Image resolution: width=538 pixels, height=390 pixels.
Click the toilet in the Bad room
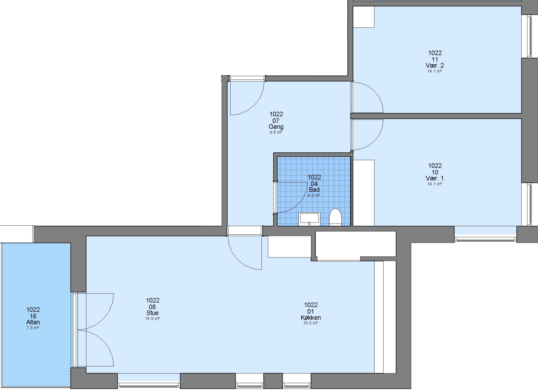(335, 217)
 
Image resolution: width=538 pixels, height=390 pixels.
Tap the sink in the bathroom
(309, 219)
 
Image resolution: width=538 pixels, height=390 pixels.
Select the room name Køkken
(311, 318)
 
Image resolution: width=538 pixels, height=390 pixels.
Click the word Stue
(153, 313)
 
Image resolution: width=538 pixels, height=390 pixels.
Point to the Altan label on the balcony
(33, 322)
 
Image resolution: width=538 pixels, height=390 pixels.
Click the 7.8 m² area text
(33, 328)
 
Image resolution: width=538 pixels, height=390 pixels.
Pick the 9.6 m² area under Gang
(276, 133)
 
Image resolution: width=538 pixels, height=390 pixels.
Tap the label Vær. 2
(435, 65)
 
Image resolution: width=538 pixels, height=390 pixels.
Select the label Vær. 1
(435, 178)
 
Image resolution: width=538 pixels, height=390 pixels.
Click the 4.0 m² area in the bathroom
(314, 196)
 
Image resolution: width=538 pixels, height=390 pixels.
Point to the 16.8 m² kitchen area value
(311, 323)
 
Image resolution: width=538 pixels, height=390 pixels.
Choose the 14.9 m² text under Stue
(152, 318)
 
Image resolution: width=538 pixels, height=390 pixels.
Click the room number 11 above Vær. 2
(435, 59)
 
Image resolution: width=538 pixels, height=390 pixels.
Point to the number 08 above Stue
(152, 307)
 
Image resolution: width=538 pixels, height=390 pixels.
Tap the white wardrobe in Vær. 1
(364, 193)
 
